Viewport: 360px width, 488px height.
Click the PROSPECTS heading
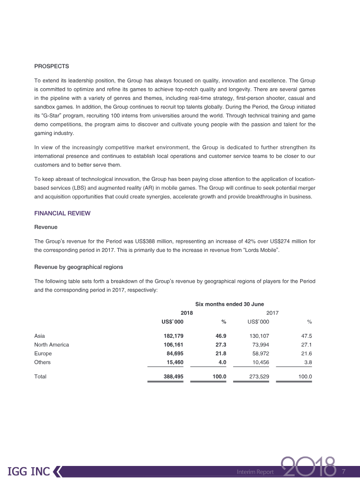(x=51, y=66)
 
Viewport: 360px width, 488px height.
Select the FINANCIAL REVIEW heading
(x=62, y=213)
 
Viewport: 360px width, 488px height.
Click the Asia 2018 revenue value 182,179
(x=172, y=336)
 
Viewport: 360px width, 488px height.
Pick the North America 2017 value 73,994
(x=258, y=345)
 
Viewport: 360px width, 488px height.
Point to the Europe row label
(x=43, y=354)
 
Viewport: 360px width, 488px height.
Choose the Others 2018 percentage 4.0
(x=222, y=362)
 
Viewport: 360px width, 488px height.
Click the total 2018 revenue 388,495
(x=172, y=376)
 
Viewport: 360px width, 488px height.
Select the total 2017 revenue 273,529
(x=258, y=376)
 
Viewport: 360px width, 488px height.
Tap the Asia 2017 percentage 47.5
(x=306, y=336)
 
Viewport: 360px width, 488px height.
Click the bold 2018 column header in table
(x=187, y=313)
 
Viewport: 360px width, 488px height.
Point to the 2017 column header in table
(x=273, y=313)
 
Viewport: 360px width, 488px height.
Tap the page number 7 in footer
(x=344, y=471)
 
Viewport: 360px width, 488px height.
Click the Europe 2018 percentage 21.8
(x=219, y=354)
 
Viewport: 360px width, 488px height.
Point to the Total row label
(x=40, y=376)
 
